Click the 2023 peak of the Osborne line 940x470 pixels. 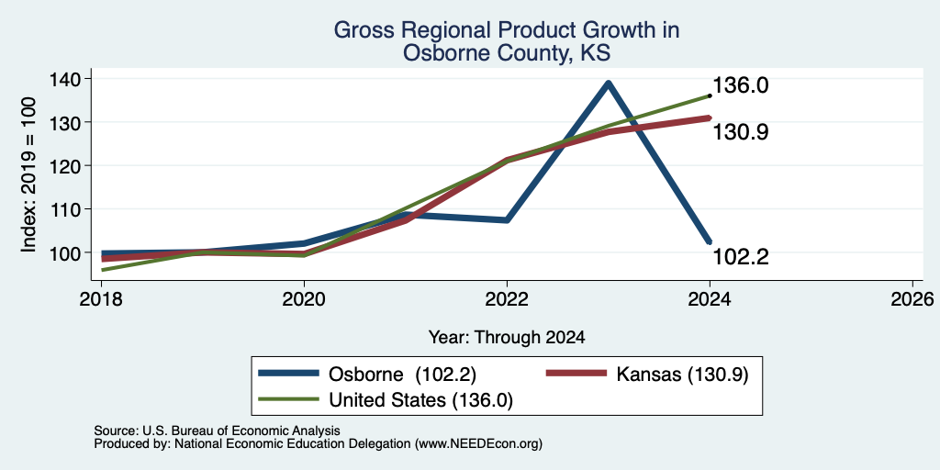click(x=609, y=84)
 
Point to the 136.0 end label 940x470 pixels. click(x=741, y=85)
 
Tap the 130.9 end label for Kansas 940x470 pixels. click(x=741, y=132)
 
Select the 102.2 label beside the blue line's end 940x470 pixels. click(x=741, y=257)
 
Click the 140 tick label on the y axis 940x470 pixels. click(x=65, y=79)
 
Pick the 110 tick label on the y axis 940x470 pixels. click(x=65, y=208)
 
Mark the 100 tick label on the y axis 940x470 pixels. click(x=65, y=252)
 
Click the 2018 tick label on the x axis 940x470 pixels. click(x=101, y=298)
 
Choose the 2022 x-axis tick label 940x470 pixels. click(x=507, y=298)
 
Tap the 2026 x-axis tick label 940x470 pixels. click(x=912, y=298)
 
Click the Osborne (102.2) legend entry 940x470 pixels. click(x=367, y=375)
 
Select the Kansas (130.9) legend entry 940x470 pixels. click(x=647, y=375)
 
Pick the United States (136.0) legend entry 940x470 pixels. click(x=386, y=400)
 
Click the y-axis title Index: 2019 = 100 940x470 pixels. click(x=28, y=174)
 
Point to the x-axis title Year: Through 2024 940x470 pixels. click(x=507, y=338)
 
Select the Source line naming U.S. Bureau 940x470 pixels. click(x=217, y=431)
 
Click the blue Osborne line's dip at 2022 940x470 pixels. click(x=507, y=220)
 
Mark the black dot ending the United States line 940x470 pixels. click(x=710, y=95)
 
